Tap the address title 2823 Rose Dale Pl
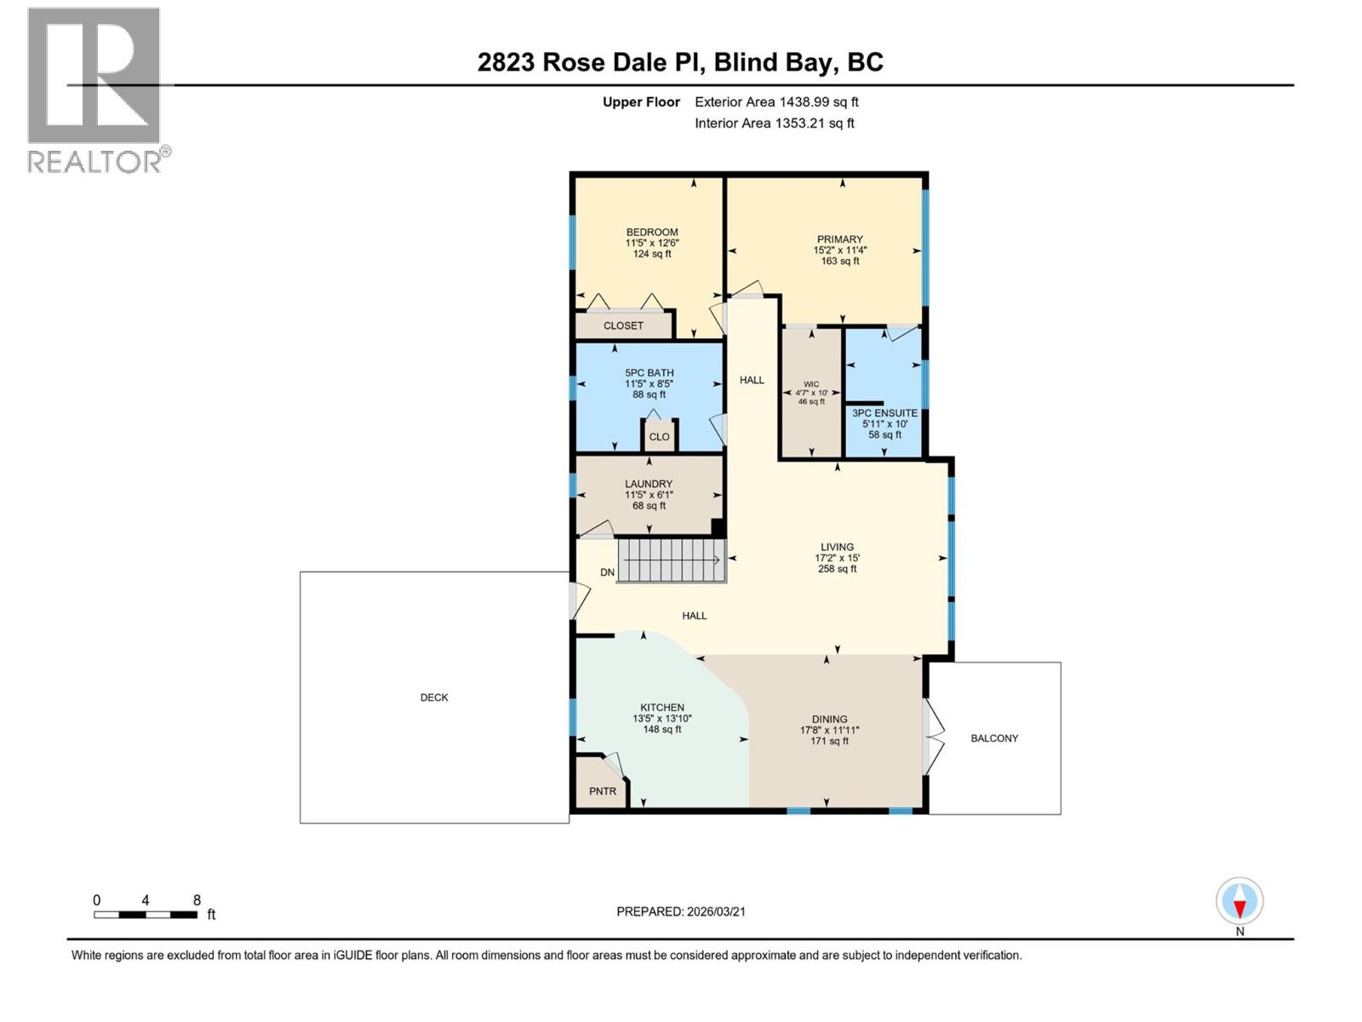click(x=679, y=62)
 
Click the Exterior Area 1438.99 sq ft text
click(x=775, y=102)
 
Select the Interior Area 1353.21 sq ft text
click(x=774, y=123)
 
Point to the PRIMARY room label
click(x=839, y=239)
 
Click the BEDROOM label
click(x=651, y=233)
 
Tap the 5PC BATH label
click(x=649, y=373)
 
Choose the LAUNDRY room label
click(x=648, y=484)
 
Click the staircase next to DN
click(x=671, y=560)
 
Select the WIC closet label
click(x=810, y=384)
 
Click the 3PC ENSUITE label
click(x=884, y=413)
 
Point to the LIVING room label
click(x=837, y=548)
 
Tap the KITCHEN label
click(x=661, y=708)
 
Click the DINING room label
click(x=829, y=720)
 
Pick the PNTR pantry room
click(x=602, y=791)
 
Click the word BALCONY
click(x=993, y=738)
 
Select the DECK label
click(x=434, y=698)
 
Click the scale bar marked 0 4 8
click(x=146, y=915)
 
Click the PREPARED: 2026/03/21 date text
click(x=680, y=911)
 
